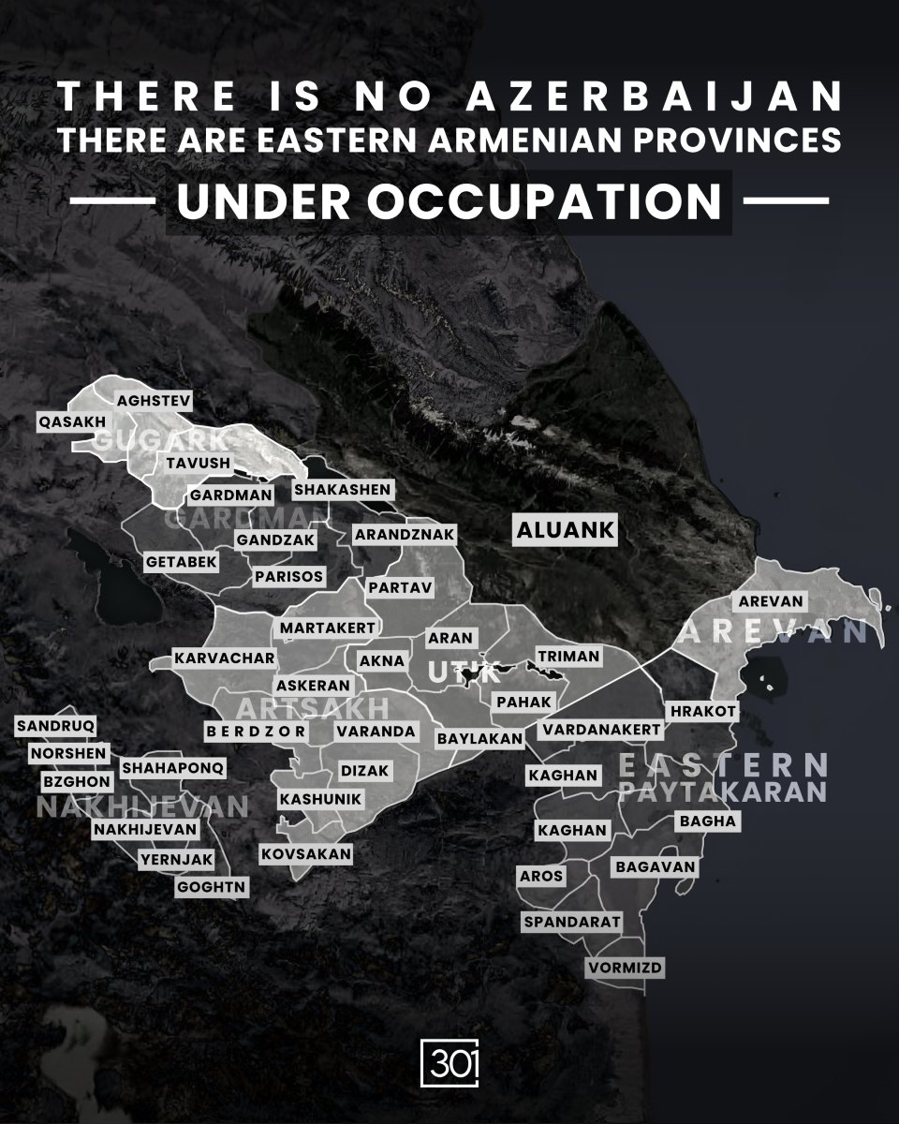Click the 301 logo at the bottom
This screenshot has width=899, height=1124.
449,1065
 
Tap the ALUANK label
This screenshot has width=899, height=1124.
565,530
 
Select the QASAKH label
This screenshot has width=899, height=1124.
72,421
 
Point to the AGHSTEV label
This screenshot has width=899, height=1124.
154,401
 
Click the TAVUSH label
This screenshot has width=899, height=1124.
198,464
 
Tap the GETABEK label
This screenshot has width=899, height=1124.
182,562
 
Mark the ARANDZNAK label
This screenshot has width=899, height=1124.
405,535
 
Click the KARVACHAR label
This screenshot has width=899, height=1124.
225,658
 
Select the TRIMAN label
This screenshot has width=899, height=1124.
567,657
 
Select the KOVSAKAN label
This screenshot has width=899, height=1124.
306,853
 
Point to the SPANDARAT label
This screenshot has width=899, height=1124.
572,922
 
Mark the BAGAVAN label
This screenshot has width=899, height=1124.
656,867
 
